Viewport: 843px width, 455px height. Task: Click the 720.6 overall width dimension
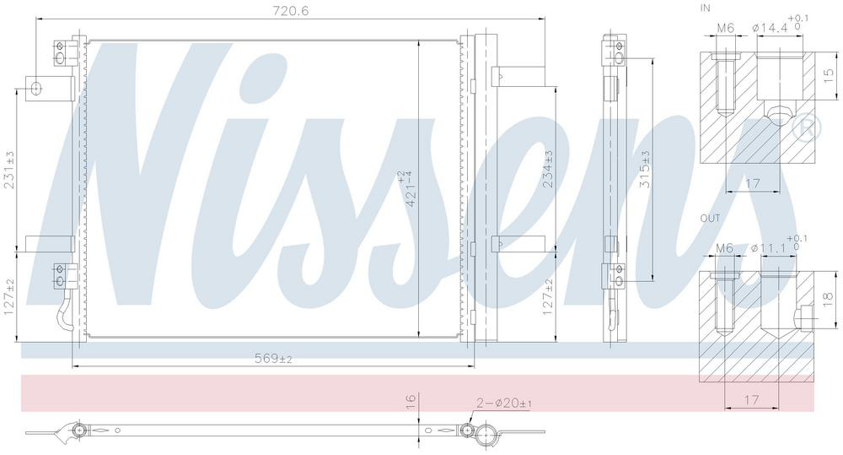coord(291,10)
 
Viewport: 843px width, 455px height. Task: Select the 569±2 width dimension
coord(273,358)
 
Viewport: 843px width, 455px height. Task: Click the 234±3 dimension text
coord(548,169)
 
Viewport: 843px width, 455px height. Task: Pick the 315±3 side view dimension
coord(645,169)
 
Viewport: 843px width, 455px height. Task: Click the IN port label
coord(705,8)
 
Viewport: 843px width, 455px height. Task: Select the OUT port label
coord(710,218)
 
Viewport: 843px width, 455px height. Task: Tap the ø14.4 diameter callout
coord(780,25)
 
